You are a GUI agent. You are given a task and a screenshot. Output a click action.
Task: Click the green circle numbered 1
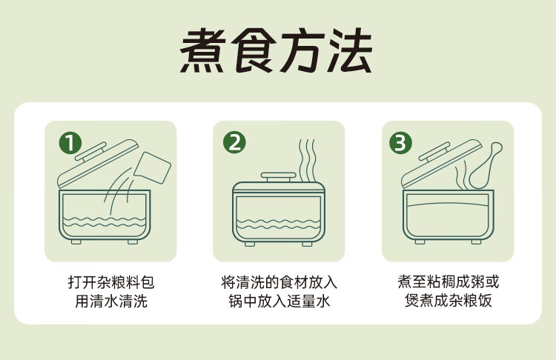(x=70, y=143)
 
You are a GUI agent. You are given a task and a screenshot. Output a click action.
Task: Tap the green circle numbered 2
(x=234, y=142)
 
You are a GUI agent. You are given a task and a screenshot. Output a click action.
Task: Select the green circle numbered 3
(x=400, y=143)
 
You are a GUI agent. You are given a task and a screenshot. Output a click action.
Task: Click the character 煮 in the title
(x=202, y=50)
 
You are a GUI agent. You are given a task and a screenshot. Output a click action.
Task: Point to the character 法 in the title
(x=350, y=50)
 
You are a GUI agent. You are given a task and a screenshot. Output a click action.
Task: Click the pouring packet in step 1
(x=153, y=167)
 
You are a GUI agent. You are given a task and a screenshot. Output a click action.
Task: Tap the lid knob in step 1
(x=90, y=151)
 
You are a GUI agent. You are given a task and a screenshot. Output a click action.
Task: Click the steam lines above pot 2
(x=307, y=160)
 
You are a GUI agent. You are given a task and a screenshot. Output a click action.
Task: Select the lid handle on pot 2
(x=278, y=176)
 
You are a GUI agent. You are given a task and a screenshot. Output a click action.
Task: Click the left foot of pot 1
(x=76, y=241)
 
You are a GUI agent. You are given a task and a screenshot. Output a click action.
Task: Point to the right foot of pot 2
(x=307, y=244)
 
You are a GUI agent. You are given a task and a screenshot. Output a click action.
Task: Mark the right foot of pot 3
(x=476, y=241)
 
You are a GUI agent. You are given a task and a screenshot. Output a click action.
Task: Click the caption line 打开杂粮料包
(x=111, y=282)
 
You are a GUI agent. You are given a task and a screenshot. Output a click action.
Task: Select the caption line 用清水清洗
(x=111, y=301)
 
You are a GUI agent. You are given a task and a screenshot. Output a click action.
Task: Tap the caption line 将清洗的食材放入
(x=279, y=282)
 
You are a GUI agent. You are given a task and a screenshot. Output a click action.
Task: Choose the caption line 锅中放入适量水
(x=279, y=301)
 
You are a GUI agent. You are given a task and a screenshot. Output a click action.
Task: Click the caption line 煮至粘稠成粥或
(x=449, y=281)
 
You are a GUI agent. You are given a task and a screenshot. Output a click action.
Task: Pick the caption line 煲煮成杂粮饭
(x=449, y=301)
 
